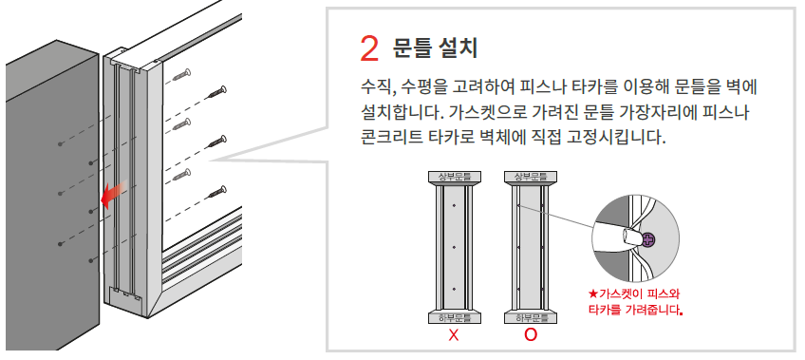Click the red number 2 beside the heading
(x=369, y=48)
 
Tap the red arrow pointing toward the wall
(x=113, y=194)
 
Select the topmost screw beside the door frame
(x=182, y=75)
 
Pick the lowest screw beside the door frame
(x=217, y=192)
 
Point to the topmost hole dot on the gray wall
(x=60, y=144)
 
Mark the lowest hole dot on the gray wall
(x=90, y=261)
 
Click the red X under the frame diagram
(x=454, y=335)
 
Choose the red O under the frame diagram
(x=531, y=335)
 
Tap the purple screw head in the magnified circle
(x=649, y=238)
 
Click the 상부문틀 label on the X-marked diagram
(x=455, y=178)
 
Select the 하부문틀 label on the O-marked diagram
(x=532, y=318)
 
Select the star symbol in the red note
(x=593, y=294)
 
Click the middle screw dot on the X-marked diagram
(x=455, y=247)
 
